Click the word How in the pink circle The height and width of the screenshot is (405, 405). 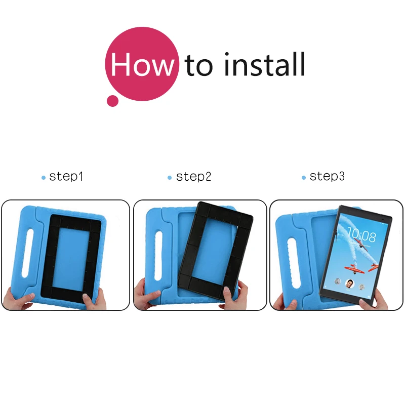142,64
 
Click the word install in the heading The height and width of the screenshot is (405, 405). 265,64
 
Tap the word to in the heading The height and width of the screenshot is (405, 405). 199,65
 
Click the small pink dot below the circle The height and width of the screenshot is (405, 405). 112,101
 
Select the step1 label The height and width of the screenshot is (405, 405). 66,177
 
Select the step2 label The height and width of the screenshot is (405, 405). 193,177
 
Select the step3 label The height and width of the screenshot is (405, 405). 327,177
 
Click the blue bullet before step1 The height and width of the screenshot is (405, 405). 44,178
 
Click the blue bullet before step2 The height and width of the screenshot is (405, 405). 170,178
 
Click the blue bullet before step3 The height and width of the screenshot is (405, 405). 304,178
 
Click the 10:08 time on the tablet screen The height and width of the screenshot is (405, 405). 361,235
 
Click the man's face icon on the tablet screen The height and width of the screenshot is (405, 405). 350,284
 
